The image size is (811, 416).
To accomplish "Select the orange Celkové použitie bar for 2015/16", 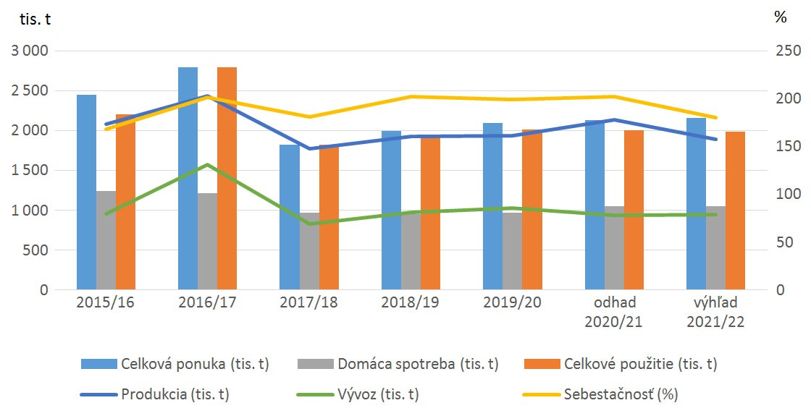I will pos(125,203).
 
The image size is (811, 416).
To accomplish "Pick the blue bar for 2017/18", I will pos(289,217).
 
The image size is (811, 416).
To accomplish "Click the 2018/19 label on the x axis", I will pos(410,302).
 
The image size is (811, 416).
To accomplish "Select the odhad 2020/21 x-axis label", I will pos(613,311).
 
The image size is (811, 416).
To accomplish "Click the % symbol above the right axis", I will pos(780,18).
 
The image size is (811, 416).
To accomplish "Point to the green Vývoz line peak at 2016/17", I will pos(207,164).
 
